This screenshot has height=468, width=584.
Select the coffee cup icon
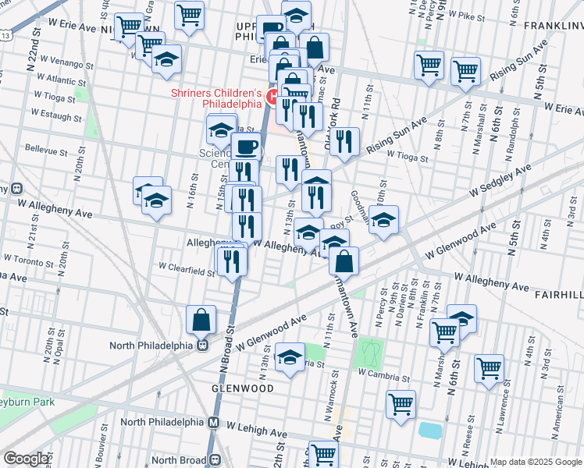[246, 146]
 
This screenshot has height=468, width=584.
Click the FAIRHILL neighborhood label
[559, 296]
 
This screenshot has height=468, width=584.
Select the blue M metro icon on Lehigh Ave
[214, 422]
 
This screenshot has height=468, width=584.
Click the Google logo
[27, 459]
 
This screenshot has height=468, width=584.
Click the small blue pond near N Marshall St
[429, 430]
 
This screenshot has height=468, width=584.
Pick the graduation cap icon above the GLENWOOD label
[290, 357]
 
